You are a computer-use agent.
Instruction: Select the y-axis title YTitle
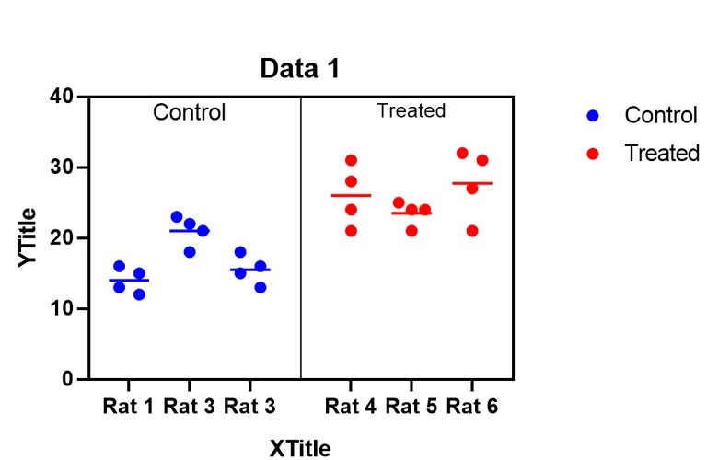pos(29,237)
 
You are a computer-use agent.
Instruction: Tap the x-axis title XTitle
pos(300,448)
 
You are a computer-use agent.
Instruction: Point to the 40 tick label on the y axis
pos(64,97)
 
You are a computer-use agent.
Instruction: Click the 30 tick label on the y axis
pos(64,167)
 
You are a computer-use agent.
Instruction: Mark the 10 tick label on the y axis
pos(64,308)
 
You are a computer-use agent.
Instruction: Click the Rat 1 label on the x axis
pos(128,406)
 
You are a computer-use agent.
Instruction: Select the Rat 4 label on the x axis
pos(350,406)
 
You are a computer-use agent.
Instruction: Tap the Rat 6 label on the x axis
pos(472,406)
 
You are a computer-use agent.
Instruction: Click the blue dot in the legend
pos(593,116)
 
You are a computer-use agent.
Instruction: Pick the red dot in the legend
pos(593,154)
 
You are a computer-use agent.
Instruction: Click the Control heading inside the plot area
pos(189,113)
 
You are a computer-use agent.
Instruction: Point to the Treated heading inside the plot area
pos(411,111)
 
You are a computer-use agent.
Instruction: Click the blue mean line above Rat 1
pos(129,280)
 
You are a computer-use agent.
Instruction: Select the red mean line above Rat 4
pos(351,195)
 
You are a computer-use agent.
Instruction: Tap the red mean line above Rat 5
pos(411,213)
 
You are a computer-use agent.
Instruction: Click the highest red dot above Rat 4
pos(351,161)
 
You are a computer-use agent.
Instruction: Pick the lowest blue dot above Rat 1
pos(139,294)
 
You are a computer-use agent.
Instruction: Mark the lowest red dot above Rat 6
pos(472,231)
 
